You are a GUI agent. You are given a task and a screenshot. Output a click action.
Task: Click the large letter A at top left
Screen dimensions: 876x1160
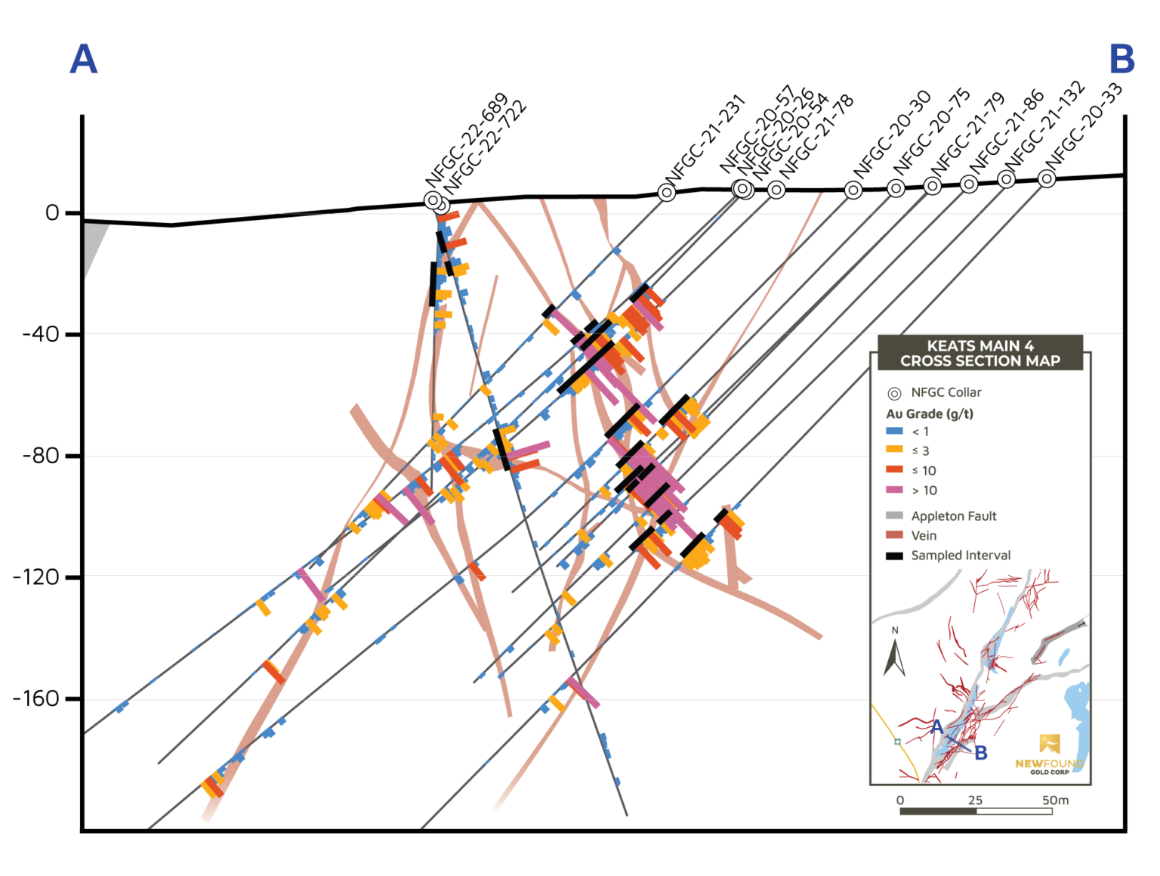84,59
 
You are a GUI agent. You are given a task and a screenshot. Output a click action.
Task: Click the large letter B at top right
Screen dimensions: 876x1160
1121,59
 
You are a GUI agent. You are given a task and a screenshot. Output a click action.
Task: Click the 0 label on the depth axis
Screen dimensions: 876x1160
51,213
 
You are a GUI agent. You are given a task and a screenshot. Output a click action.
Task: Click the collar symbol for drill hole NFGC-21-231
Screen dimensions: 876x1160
666,193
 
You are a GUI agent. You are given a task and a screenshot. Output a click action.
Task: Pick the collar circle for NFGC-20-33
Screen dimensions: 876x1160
1047,178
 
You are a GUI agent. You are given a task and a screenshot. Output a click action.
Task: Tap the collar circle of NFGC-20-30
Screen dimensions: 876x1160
853,190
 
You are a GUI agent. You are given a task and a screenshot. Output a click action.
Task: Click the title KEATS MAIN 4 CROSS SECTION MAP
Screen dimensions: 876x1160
980,354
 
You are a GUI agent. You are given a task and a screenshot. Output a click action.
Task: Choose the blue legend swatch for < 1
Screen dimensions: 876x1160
894,431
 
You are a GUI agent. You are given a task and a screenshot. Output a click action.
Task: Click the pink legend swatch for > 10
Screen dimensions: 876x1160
894,490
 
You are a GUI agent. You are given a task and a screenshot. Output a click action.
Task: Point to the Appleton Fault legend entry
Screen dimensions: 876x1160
953,516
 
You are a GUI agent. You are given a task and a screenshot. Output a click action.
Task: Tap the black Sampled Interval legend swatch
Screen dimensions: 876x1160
894,556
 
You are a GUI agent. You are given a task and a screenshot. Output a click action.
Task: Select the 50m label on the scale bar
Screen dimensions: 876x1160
1055,800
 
